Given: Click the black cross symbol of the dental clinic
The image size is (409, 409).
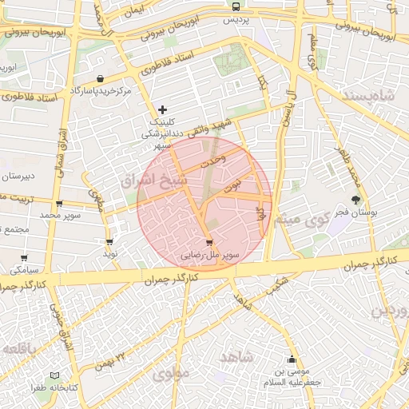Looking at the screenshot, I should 163,109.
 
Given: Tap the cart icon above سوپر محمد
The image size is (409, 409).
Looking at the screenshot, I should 60,204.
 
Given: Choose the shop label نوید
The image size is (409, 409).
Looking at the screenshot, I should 109,252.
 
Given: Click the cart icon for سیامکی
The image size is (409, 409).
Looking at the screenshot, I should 24,258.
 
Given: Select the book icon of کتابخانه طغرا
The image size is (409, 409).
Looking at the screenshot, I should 54,375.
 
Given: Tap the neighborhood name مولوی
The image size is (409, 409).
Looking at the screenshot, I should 171,373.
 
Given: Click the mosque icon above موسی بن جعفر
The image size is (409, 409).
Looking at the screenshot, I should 292,359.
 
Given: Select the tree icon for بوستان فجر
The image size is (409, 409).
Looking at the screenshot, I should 355,199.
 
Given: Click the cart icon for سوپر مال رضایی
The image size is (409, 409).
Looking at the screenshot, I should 209,243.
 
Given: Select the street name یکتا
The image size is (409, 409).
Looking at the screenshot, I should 263,81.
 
